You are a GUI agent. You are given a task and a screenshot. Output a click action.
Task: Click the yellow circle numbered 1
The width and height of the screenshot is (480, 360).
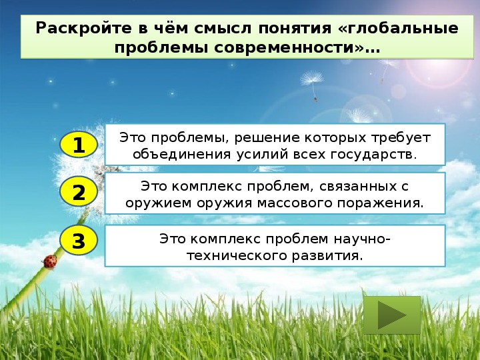point(79,144)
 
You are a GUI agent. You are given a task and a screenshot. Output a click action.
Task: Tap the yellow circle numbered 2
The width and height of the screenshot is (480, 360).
point(79,192)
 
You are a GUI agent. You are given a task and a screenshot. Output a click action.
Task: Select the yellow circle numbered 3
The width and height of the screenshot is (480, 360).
point(79,240)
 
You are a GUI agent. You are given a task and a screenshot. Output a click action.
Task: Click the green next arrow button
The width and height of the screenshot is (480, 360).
point(392,315)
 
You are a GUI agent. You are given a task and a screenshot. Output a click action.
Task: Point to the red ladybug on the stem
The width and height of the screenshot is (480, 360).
point(50,262)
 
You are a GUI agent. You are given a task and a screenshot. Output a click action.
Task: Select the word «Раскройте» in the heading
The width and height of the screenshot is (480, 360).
point(84,29)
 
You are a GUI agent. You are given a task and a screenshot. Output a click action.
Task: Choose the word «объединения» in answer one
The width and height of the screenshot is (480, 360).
point(181,155)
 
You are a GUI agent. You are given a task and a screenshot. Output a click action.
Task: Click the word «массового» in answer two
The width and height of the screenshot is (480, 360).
point(295,203)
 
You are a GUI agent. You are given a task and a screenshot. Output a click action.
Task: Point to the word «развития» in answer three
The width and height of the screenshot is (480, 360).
point(327,256)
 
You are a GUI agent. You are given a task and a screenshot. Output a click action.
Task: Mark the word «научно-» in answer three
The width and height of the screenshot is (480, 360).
point(362,239)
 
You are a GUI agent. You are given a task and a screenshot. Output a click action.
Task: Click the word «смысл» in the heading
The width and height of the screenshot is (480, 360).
point(222,29)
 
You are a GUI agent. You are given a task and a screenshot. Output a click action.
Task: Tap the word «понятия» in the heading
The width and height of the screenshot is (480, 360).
point(295,29)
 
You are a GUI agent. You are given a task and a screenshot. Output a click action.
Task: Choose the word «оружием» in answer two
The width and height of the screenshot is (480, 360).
point(158,203)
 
